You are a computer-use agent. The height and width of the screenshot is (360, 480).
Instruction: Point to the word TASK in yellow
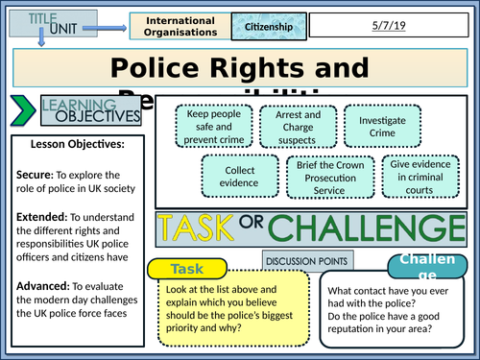point(202,230)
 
